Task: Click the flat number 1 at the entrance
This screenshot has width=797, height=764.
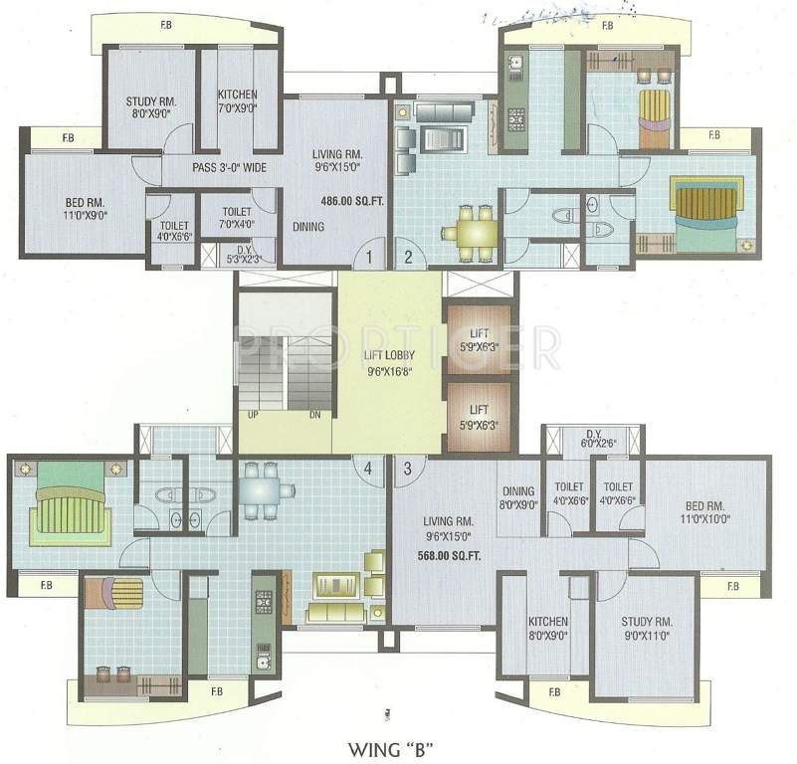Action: [x=369, y=257]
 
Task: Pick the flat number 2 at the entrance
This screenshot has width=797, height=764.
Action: [x=407, y=257]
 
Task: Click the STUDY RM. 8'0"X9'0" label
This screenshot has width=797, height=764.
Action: [x=150, y=107]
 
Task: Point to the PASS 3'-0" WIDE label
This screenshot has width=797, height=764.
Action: [x=229, y=168]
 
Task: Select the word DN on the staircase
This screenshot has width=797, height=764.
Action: [x=314, y=415]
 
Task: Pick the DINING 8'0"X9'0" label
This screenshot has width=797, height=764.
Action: [x=519, y=497]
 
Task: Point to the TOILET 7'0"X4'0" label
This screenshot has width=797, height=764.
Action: [x=236, y=218]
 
